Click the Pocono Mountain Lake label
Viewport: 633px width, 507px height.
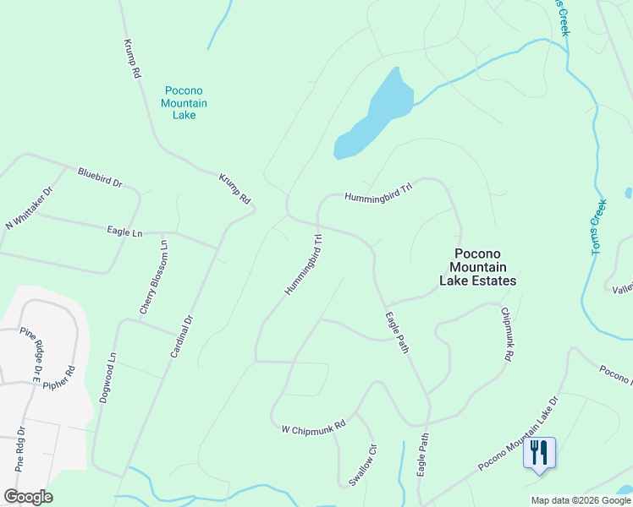click(184, 102)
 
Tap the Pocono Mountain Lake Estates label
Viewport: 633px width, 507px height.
click(478, 267)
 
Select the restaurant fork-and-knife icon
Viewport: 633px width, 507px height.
click(539, 452)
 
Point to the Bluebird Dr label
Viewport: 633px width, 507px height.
click(100, 177)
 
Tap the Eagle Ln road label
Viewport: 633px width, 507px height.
click(125, 231)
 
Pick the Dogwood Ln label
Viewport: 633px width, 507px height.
click(107, 377)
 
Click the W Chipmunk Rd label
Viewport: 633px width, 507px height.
click(314, 428)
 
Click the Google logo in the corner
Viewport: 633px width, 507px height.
click(28, 497)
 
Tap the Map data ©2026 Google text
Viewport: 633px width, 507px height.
click(581, 500)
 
